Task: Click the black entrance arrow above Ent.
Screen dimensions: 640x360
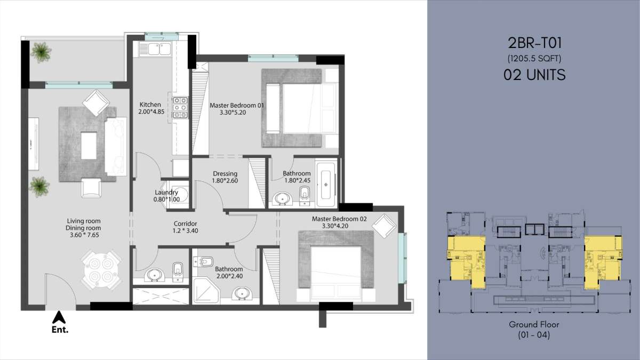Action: [x=59, y=317]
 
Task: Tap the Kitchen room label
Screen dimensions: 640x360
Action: [x=150, y=105]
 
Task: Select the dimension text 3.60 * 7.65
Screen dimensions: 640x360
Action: [x=84, y=235]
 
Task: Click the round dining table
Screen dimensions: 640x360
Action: [x=100, y=270]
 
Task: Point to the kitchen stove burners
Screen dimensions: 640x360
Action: [x=180, y=108]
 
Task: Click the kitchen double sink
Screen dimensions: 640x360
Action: [x=155, y=49]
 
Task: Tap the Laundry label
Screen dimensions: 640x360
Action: [x=166, y=193]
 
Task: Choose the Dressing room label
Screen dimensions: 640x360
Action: [x=225, y=173]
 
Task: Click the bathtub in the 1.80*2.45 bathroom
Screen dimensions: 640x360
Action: [x=326, y=185]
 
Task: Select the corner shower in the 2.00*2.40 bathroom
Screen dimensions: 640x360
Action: [x=206, y=291]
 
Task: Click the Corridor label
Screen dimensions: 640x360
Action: [x=186, y=223]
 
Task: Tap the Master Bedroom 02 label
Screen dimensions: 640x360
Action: [x=339, y=219]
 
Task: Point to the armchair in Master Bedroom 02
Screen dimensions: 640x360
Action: [x=383, y=226]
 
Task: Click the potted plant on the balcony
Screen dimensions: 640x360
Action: [x=42, y=52]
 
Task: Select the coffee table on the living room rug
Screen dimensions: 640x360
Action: [x=89, y=146]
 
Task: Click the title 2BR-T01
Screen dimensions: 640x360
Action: [x=534, y=43]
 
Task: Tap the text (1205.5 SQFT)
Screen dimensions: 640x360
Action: [x=534, y=59]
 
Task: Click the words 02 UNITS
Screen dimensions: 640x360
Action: [x=534, y=75]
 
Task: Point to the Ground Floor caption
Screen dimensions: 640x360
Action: [x=534, y=325]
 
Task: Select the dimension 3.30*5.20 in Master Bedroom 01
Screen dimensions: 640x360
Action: [x=233, y=113]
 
